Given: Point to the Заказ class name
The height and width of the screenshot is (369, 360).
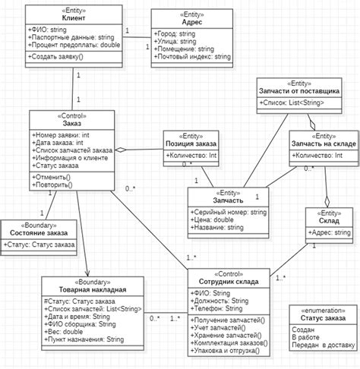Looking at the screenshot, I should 73,123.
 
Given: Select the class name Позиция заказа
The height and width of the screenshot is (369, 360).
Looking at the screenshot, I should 191,143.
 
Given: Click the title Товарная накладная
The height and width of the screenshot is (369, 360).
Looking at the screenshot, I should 93,289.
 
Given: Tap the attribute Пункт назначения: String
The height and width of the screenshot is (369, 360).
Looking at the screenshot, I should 84,339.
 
